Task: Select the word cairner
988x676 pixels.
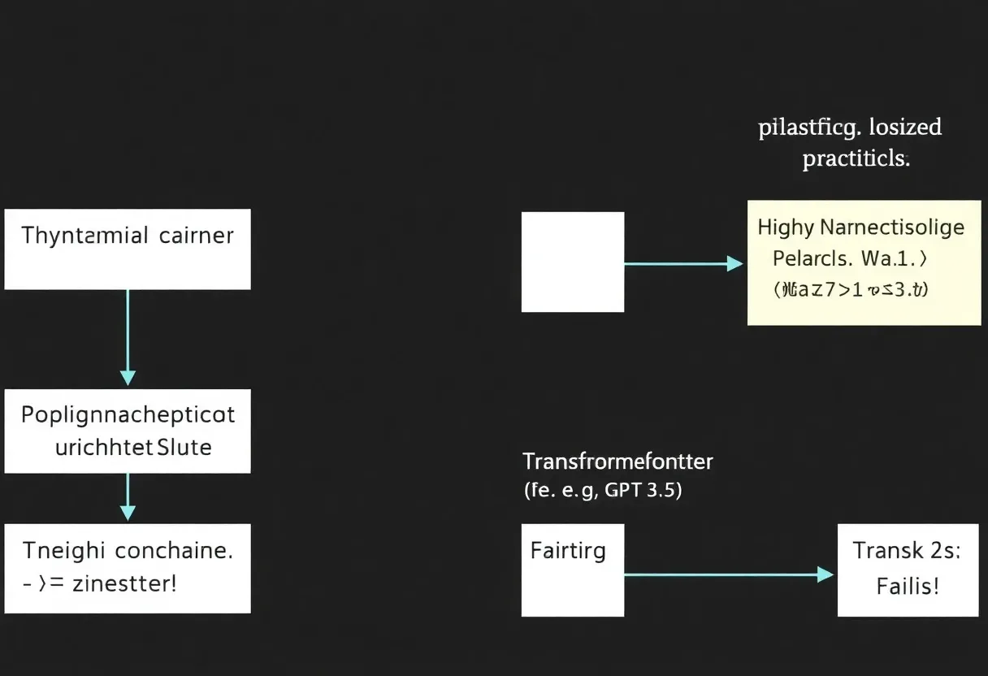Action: point(196,236)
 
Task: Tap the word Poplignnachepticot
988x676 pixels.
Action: point(128,415)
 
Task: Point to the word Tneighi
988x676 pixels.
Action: point(63,551)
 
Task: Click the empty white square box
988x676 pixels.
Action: point(572,262)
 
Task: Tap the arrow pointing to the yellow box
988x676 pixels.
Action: point(682,263)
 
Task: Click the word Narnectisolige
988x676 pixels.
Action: point(891,227)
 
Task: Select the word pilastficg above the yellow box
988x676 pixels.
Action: point(807,128)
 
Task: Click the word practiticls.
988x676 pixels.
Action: point(856,158)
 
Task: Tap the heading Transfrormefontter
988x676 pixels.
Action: point(617,461)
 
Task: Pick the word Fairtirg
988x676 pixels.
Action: point(568,551)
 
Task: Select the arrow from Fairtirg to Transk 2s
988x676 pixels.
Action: point(728,574)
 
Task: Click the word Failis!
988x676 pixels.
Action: point(908,586)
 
